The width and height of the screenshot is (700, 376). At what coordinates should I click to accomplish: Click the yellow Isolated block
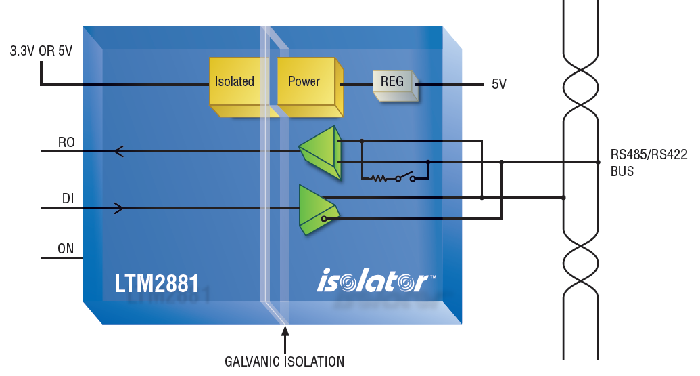pyautogui.click(x=239, y=86)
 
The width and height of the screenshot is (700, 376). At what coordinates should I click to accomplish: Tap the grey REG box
pyautogui.click(x=395, y=85)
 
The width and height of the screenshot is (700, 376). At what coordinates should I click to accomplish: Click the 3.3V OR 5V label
pyautogui.click(x=41, y=51)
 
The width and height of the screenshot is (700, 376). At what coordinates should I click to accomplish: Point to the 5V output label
pyautogui.click(x=499, y=84)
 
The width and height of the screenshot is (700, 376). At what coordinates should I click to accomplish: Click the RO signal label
pyautogui.click(x=66, y=143)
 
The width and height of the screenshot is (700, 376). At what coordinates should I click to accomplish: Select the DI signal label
pyautogui.click(x=68, y=199)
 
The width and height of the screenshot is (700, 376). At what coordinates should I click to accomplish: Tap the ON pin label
pyautogui.click(x=66, y=249)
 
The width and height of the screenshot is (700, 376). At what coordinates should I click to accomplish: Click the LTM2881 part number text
pyautogui.click(x=156, y=283)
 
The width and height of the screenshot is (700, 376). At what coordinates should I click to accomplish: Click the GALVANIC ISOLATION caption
pyautogui.click(x=284, y=362)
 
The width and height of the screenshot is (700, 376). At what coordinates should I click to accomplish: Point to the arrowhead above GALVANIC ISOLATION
pyautogui.click(x=285, y=331)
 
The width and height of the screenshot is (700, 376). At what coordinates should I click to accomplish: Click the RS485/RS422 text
pyautogui.click(x=649, y=154)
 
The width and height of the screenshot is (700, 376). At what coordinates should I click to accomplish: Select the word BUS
pyautogui.click(x=622, y=171)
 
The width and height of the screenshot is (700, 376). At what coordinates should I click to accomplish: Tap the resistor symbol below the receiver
pyautogui.click(x=379, y=179)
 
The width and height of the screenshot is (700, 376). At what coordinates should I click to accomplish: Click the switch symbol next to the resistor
pyautogui.click(x=405, y=177)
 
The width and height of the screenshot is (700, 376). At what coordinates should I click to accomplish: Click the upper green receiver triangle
pyautogui.click(x=320, y=152)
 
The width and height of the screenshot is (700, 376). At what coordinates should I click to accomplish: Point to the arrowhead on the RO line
pyautogui.click(x=118, y=152)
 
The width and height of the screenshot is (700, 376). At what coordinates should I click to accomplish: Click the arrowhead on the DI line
pyautogui.click(x=119, y=209)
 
